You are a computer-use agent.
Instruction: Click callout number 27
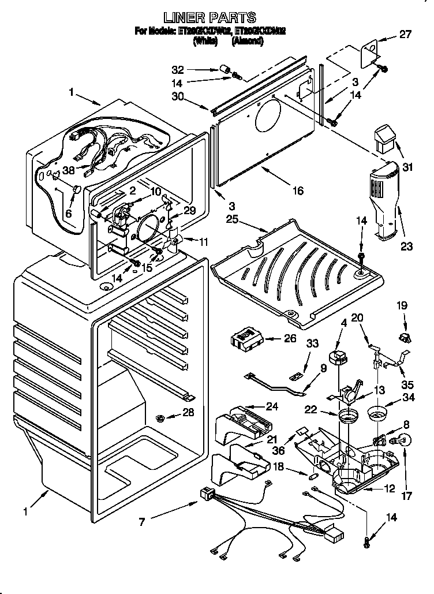(x=405, y=34)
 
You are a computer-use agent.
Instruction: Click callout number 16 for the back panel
(x=297, y=190)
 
